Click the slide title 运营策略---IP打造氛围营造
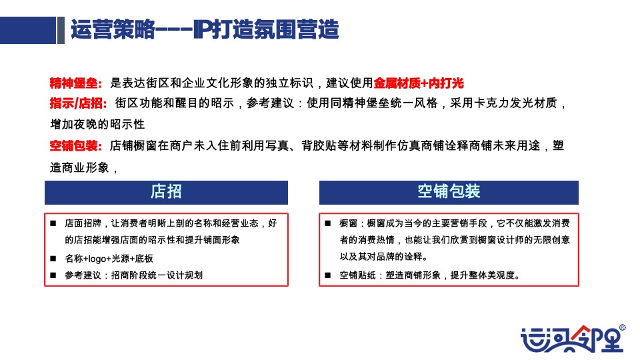[x=205, y=30]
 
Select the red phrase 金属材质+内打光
[x=419, y=83]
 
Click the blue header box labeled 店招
[x=166, y=192]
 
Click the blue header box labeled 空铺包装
[x=449, y=192]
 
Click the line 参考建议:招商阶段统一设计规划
[x=133, y=275]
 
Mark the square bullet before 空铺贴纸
[x=327, y=275]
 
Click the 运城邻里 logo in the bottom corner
[x=570, y=339]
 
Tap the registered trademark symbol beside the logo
[x=622, y=327]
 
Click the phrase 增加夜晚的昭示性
[x=97, y=125]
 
